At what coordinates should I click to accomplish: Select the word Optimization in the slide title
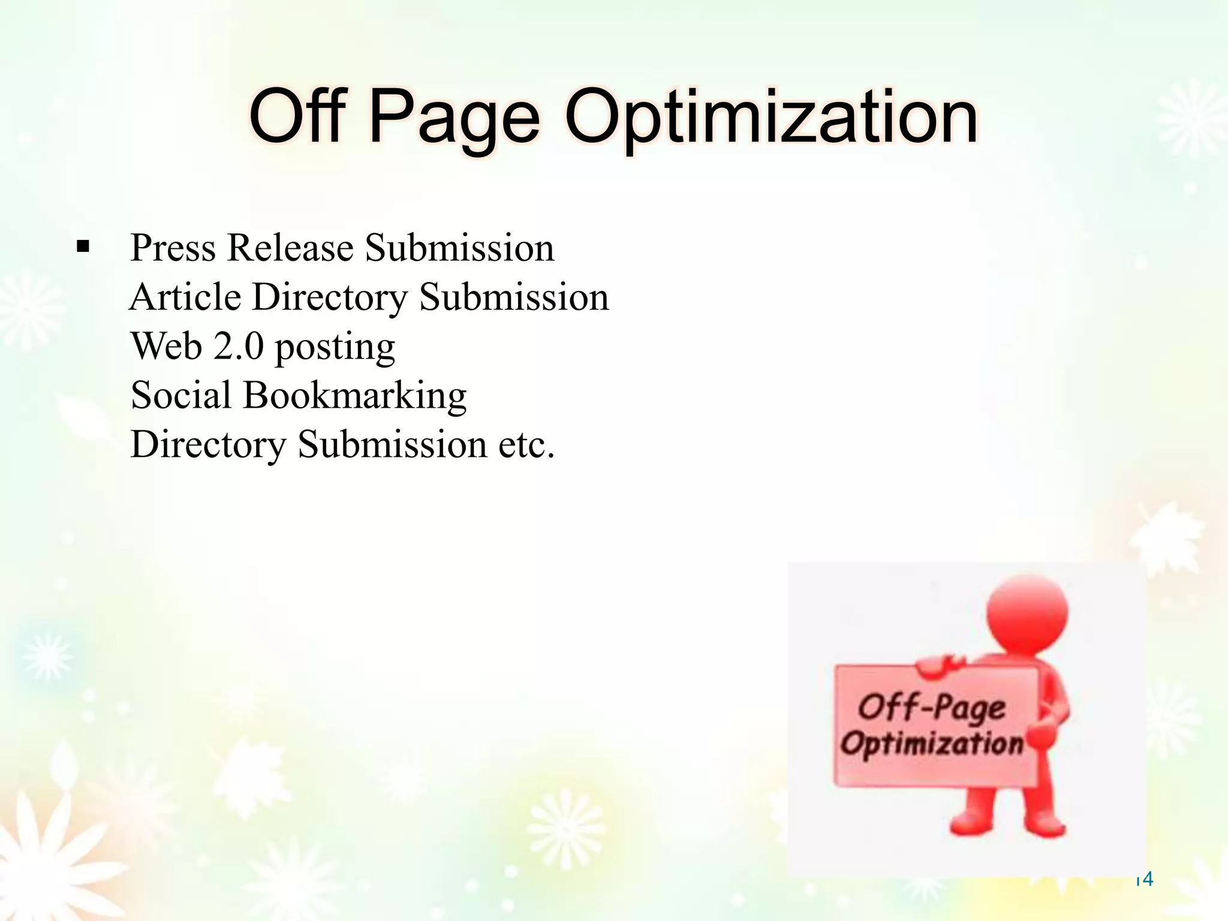(771, 118)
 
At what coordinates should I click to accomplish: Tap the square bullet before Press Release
(83, 246)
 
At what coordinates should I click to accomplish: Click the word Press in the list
(173, 248)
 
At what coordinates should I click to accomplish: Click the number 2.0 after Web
(239, 346)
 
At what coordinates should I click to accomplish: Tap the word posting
(335, 348)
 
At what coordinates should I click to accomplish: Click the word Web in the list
(166, 346)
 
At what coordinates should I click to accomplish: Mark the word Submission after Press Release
(460, 248)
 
